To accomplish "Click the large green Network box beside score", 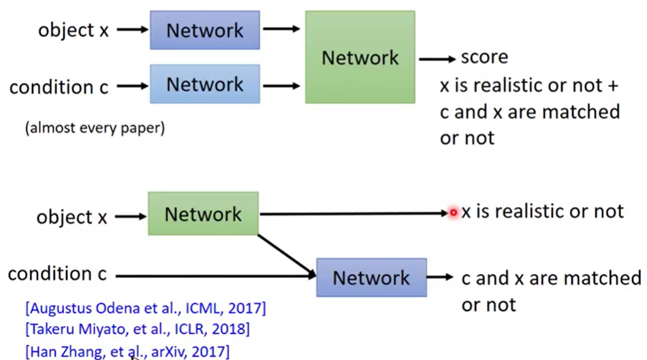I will [x=360, y=57].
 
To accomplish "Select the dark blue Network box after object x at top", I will [x=204, y=31].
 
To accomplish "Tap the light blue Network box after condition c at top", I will [x=204, y=84].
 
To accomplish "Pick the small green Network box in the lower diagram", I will [x=203, y=214].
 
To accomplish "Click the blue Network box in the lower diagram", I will [x=371, y=277].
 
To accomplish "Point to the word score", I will [x=484, y=57].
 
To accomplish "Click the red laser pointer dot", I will [x=454, y=213].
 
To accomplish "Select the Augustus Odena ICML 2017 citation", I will [x=145, y=308].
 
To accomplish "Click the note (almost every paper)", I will [x=95, y=127].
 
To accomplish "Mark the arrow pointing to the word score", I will [x=437, y=59].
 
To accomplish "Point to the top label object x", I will [x=73, y=31].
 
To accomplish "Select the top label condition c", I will [x=59, y=87].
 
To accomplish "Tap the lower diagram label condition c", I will [x=57, y=274].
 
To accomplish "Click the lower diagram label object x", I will [x=72, y=217].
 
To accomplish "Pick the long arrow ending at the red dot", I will [x=354, y=214].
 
